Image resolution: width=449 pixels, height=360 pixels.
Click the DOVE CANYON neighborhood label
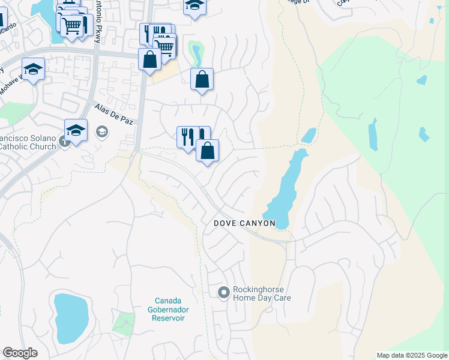coord(245,223)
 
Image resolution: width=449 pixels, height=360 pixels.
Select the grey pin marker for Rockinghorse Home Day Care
coord(223,292)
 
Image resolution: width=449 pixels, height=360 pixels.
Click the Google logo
coord(20,353)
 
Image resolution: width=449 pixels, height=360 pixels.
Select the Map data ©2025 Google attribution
coord(412,355)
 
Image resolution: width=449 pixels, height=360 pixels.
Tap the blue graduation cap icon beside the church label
coord(76,130)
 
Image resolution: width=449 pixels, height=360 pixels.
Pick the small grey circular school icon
coord(102,131)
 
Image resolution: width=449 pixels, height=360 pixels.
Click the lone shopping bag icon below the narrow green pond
coord(202,79)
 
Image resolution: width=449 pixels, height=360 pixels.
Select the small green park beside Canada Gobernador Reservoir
coord(124,324)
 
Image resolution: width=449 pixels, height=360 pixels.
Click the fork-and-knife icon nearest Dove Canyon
coord(187,137)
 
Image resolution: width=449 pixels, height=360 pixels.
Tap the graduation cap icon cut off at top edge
coord(194,7)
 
